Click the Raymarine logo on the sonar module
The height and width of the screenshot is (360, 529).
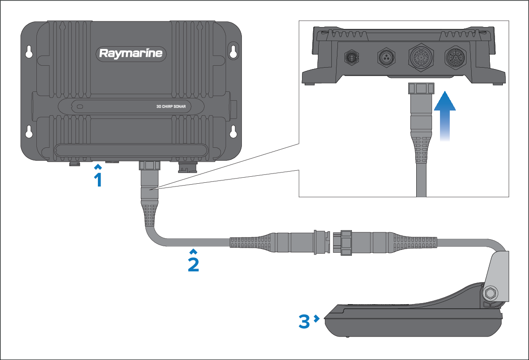131,54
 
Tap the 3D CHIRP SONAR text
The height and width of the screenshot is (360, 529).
171,106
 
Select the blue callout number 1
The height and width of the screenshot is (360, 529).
98,178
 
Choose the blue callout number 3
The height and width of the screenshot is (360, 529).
305,321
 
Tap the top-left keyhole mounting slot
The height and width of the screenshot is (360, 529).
29,52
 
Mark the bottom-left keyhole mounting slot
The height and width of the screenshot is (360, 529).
29,132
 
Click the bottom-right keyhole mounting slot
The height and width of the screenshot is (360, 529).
233,132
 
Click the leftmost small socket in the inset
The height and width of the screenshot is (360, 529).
351,57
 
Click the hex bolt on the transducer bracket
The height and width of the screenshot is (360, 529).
490,293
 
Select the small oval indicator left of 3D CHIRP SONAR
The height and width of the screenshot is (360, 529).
81,106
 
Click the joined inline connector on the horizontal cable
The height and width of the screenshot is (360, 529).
333,243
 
